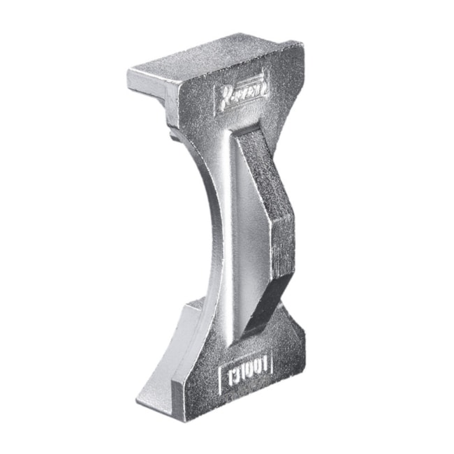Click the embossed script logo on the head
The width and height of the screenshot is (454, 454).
[240, 91]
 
